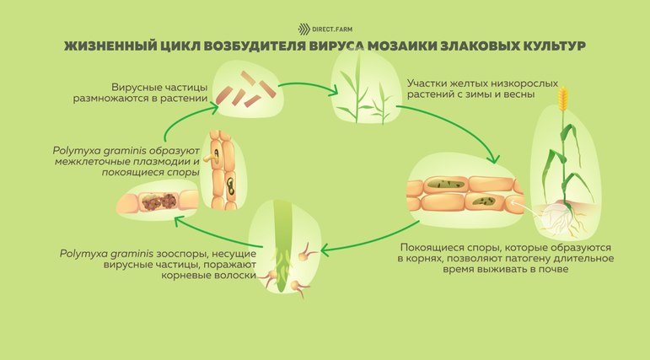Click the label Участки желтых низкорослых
[473, 83]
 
